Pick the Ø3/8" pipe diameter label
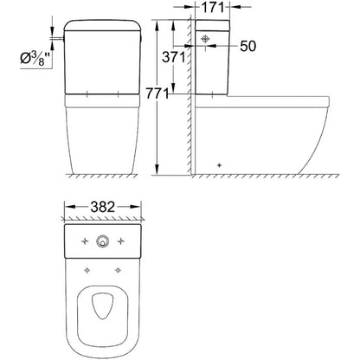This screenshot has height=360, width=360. (x=26, y=60)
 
